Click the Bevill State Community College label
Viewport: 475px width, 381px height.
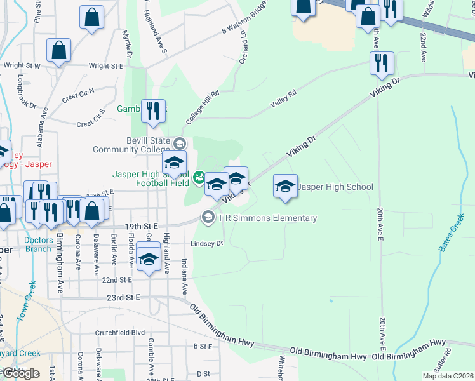131,145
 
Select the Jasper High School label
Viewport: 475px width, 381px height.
335,187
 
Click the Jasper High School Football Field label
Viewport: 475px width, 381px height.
151,178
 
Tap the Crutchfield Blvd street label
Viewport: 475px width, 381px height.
120,332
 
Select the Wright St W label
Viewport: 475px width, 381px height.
22,65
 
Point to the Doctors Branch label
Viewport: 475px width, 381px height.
38,244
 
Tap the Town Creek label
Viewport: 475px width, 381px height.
25,301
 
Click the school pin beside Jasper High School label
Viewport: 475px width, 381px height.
285,187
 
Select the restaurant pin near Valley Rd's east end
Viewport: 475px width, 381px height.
382,64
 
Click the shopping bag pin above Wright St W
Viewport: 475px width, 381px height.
58,52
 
